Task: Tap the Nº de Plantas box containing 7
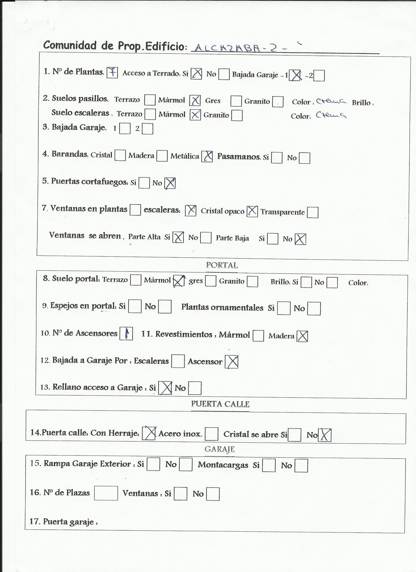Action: pos(112,73)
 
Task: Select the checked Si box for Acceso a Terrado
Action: pos(196,74)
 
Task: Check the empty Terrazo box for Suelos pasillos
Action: pos(150,100)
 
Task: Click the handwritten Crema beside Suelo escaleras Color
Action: pos(331,115)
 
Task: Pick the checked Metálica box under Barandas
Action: pos(207,156)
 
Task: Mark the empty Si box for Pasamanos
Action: pos(277,158)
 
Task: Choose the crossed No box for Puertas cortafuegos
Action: pos(170,183)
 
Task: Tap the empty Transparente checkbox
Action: pos(312,212)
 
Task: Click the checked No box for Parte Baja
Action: pos(300,239)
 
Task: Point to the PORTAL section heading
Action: pos(222,265)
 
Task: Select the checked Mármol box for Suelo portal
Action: pos(179,281)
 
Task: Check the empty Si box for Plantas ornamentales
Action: pos(284,309)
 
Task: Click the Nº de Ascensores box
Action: pos(126,334)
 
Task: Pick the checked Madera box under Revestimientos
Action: pos(302,336)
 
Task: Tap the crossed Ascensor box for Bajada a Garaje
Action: pos(231,362)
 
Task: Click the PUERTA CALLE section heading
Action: pos(220,404)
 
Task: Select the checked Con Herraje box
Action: pos(149,433)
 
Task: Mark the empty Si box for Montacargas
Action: pos(269,465)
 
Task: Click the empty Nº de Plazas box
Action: pos(106,493)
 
